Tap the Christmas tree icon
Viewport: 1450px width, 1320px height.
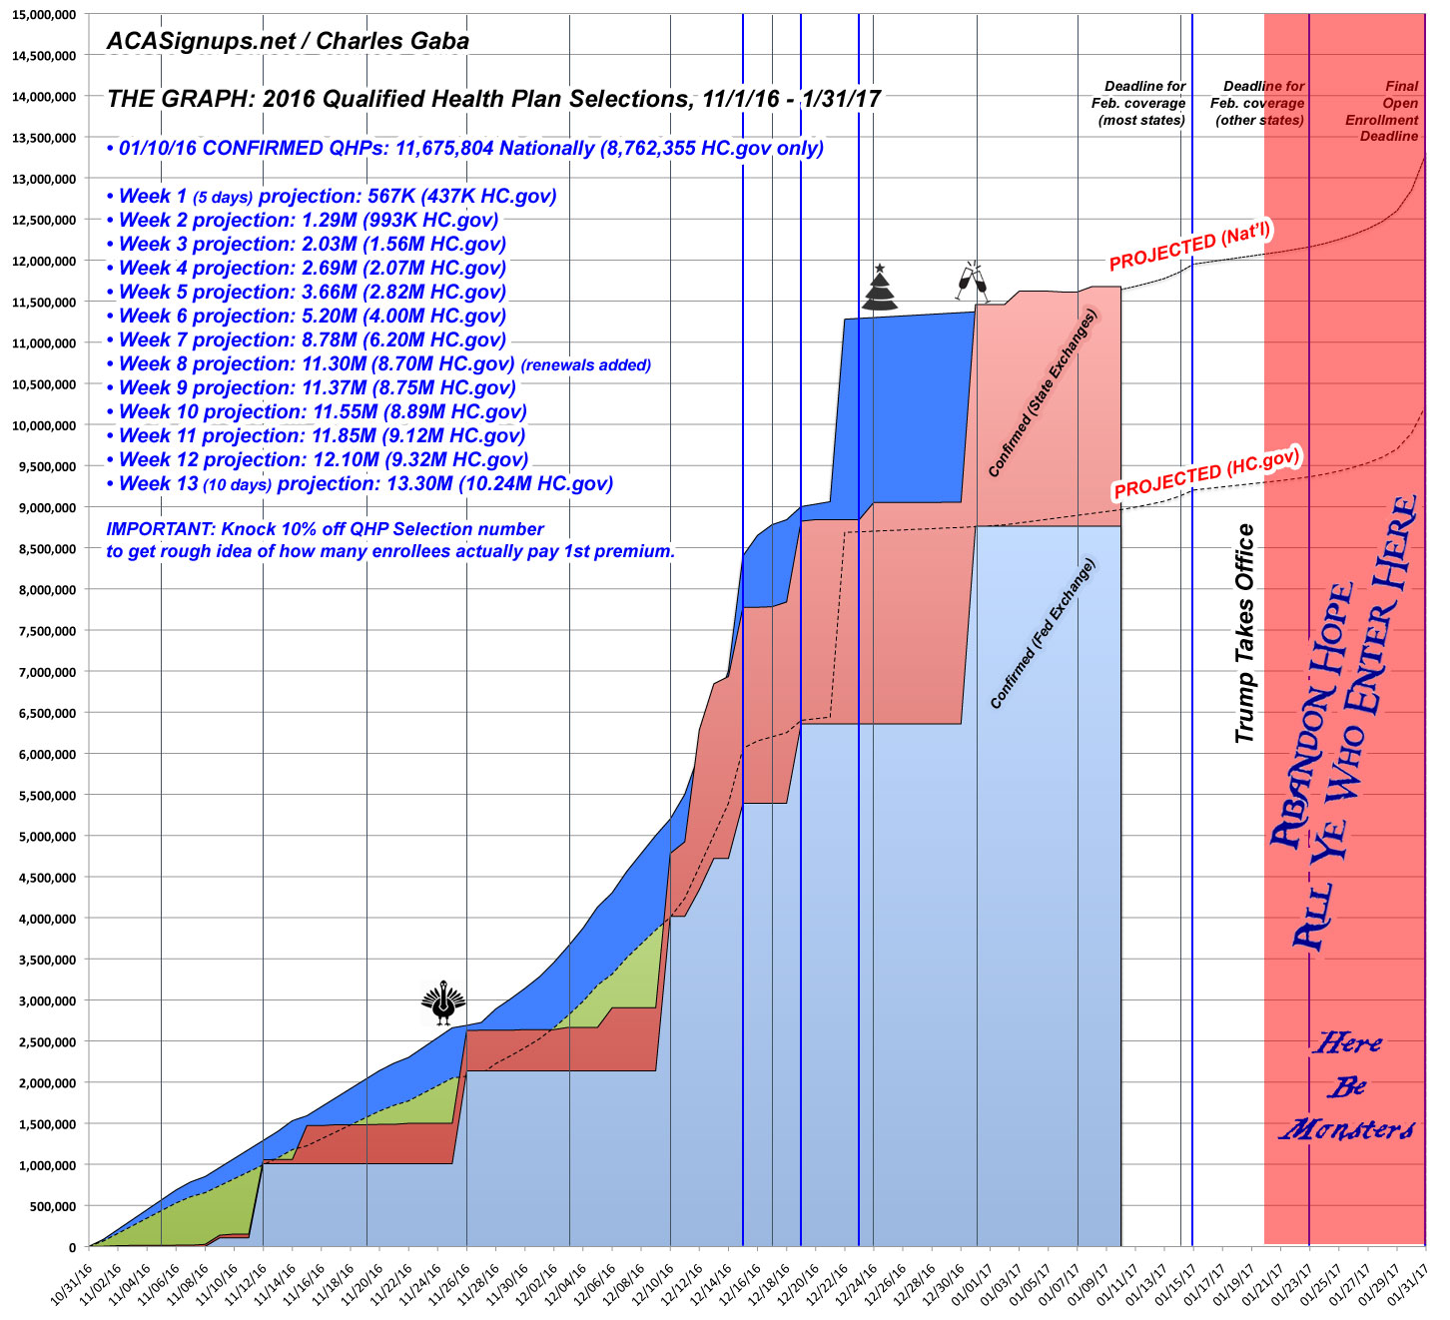point(880,290)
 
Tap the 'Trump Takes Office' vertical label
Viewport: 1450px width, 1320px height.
point(1244,633)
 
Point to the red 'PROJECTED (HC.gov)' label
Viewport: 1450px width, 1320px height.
point(1207,472)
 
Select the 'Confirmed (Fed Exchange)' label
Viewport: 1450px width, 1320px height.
point(1043,634)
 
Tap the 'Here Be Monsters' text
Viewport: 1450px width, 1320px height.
point(1347,1086)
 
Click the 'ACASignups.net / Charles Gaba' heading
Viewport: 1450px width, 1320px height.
point(288,42)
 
